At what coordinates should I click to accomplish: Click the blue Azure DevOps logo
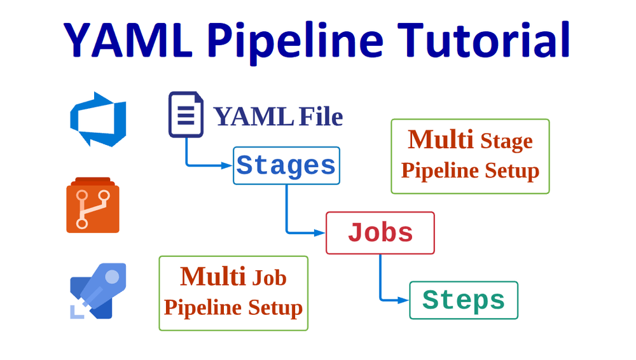98,119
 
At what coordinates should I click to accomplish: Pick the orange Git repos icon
93,205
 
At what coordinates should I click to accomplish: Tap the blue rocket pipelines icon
98,290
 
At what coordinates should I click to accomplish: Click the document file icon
186,115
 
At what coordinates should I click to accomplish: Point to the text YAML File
278,117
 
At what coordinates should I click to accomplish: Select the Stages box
286,166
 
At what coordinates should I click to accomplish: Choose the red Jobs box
380,233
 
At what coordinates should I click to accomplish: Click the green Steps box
464,300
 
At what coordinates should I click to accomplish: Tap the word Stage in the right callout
506,141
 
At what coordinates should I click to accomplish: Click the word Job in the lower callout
270,278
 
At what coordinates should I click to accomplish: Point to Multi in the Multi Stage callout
441,139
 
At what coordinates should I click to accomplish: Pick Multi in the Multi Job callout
213,277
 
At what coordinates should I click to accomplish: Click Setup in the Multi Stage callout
512,171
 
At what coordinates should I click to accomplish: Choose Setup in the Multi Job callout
275,308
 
